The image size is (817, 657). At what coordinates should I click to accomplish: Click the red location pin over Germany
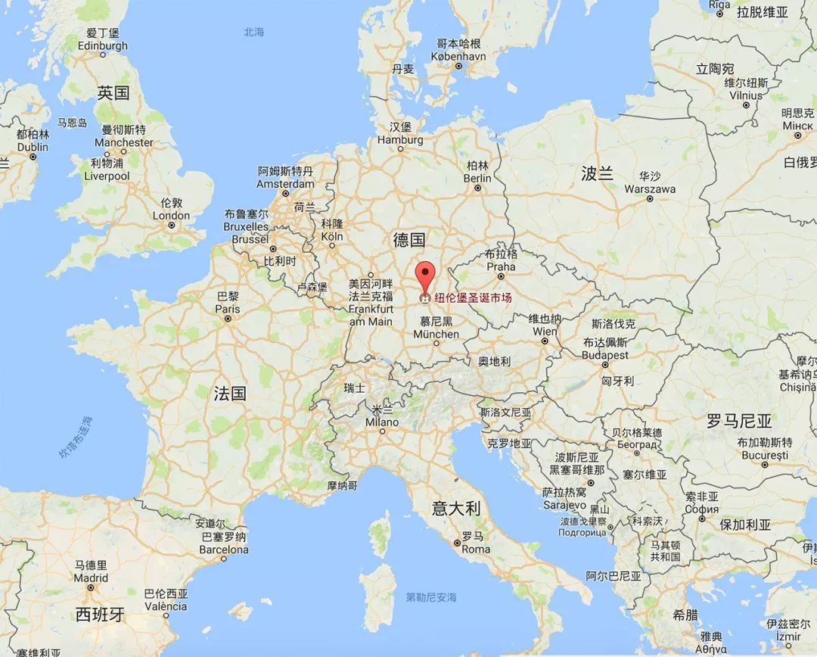(427, 275)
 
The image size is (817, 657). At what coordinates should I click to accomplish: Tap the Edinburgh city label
(103, 45)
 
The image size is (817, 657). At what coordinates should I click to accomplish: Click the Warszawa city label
(650, 188)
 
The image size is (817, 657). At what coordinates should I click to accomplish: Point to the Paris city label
(227, 309)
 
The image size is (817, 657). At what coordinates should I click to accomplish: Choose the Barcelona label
(223, 550)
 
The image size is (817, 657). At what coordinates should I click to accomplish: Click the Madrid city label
(91, 578)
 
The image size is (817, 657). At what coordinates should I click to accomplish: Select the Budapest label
(605, 355)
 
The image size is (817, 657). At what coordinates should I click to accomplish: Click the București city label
(765, 456)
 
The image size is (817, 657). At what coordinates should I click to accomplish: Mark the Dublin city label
(33, 147)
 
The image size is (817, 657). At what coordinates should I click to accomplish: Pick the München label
(436, 334)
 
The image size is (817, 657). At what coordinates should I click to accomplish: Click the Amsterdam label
(285, 184)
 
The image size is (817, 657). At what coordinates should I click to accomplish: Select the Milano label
(381, 422)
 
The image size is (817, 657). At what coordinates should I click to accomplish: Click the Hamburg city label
(400, 140)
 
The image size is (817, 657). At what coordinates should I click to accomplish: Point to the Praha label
(501, 266)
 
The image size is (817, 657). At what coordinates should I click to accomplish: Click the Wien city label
(545, 332)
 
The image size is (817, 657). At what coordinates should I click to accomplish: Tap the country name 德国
(408, 240)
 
